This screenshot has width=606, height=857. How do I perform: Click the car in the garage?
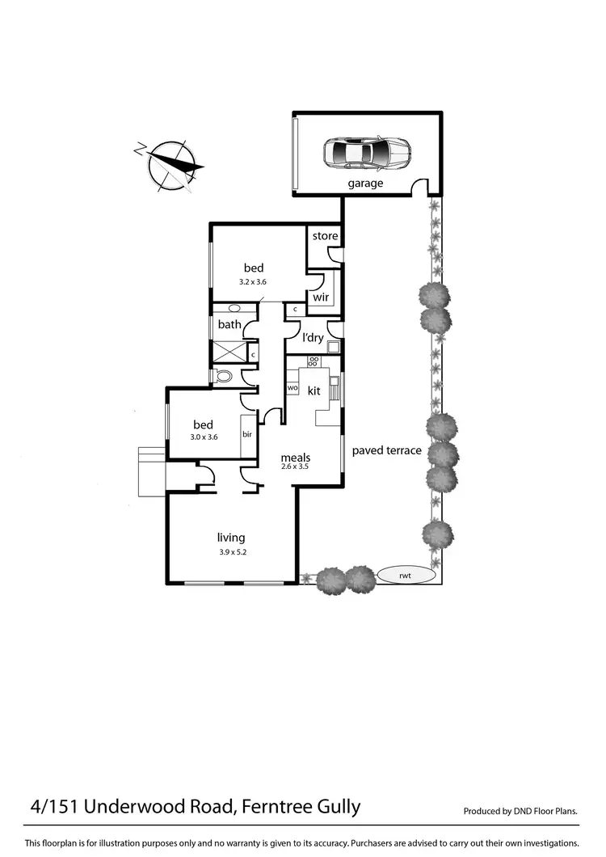tap(367, 151)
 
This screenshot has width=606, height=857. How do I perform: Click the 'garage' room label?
tap(365, 184)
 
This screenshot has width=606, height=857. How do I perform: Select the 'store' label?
tap(325, 236)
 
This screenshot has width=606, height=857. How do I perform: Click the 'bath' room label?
tap(229, 325)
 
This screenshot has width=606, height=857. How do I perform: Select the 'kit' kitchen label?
tap(314, 391)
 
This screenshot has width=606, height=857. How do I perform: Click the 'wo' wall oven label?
tap(292, 388)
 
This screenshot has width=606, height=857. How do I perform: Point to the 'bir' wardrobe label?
tap(247, 434)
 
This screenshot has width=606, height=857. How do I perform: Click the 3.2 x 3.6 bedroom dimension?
tap(253, 282)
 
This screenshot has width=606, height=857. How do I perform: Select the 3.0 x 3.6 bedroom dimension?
tap(203, 437)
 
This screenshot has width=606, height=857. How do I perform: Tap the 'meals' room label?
tap(296, 457)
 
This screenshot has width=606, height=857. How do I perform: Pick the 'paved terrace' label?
tap(386, 450)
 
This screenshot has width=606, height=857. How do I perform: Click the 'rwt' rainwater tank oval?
tap(406, 576)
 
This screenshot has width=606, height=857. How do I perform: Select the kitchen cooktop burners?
tap(314, 361)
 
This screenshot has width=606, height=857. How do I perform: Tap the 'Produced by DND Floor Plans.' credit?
tap(521, 810)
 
